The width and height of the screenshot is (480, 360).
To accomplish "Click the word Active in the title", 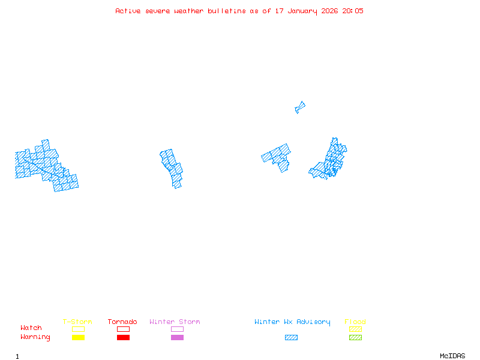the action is [127, 11].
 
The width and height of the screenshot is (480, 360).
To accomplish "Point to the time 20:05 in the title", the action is [353, 11].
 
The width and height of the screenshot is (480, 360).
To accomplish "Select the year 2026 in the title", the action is [329, 11].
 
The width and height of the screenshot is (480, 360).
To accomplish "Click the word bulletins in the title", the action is [227, 11].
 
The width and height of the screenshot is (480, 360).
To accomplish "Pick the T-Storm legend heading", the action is [77, 322].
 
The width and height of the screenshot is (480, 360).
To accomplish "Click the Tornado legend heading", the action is [122, 322].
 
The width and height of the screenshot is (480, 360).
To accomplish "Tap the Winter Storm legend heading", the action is [175, 322].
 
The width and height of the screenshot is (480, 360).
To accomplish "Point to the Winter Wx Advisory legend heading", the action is [292, 322].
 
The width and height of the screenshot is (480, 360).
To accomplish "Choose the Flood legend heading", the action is [355, 322].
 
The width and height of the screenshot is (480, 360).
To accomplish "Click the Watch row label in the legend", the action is [31, 328].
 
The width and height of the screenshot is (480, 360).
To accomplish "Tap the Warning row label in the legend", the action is [35, 337].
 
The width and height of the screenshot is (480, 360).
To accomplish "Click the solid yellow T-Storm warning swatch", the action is [78, 337].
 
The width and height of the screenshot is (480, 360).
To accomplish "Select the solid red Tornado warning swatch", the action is [123, 337].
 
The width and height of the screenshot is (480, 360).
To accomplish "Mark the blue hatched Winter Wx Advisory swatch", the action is [291, 337].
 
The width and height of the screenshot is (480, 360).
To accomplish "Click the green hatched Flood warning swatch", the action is [355, 337].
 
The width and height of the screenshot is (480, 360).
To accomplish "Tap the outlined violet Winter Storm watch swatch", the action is [177, 329].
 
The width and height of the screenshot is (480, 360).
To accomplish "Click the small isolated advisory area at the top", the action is [300, 107].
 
